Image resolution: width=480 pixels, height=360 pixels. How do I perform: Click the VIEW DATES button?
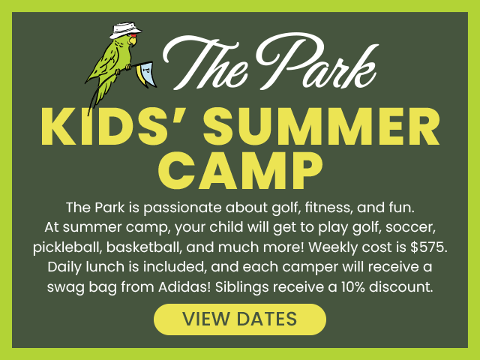coord(240,319)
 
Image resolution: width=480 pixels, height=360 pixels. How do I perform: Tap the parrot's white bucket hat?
coord(125,30)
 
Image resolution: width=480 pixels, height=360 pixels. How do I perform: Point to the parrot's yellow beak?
coord(133,41)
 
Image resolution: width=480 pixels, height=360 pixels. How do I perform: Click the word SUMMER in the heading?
coord(322,126)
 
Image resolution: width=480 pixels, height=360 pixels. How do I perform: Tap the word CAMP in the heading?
coord(240,171)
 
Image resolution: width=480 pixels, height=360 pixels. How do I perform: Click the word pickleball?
coord(67,247)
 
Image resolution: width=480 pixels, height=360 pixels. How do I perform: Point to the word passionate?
coord(182,208)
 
